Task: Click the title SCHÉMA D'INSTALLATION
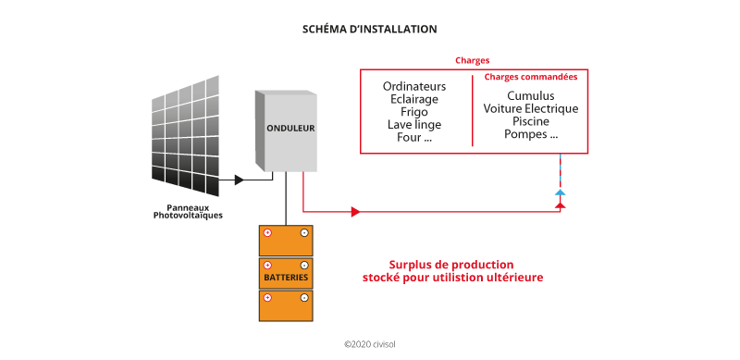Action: point(369,30)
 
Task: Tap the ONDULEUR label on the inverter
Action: point(291,128)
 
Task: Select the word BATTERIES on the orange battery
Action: point(286,278)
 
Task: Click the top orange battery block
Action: point(286,241)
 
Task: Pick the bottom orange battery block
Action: point(286,306)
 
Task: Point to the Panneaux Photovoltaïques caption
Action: point(188,212)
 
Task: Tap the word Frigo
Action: point(415,112)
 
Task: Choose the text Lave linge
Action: point(415,125)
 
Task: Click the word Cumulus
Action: point(531,95)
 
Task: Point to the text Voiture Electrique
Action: point(531,108)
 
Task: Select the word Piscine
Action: point(531,121)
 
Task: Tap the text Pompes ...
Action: point(531,134)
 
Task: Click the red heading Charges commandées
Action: point(531,78)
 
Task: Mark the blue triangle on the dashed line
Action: point(559,192)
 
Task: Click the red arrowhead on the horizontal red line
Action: point(354,212)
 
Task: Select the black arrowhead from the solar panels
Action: point(240,180)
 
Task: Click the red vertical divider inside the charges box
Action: point(473,111)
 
